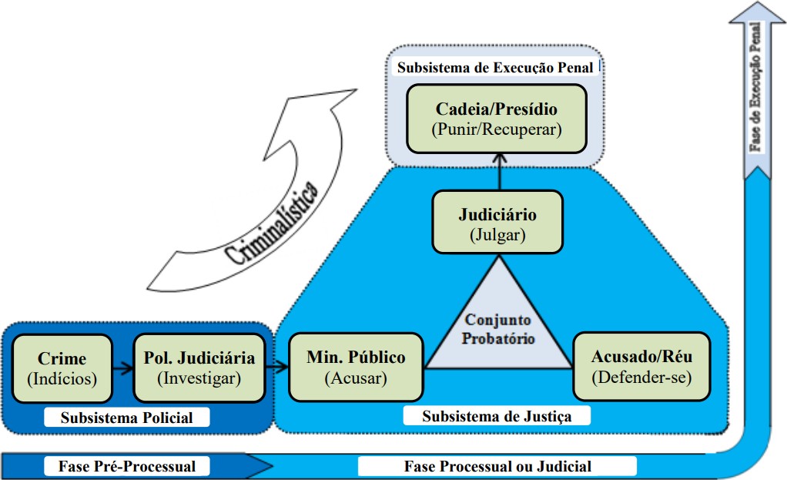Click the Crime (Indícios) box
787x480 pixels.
tap(62, 368)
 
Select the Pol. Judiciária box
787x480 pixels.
tap(199, 368)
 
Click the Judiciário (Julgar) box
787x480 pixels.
tap(497, 224)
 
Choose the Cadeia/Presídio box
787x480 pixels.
tap(497, 119)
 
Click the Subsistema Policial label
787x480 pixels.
tap(128, 418)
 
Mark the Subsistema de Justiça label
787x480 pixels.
tap(497, 416)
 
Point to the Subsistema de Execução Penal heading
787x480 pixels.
tap(495, 68)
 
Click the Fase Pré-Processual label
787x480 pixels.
tap(127, 466)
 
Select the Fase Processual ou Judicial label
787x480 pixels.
tap(497, 466)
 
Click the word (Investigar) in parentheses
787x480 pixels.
tap(199, 378)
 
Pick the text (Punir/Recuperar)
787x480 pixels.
tap(497, 129)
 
